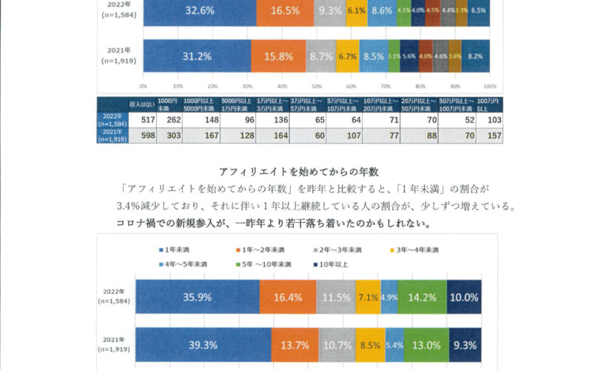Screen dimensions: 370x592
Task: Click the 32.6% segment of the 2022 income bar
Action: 199,11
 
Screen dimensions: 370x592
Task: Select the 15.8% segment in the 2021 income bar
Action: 278,55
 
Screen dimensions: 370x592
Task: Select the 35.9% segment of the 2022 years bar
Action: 197,297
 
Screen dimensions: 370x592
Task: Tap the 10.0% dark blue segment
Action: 464,297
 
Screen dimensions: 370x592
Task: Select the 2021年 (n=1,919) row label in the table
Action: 112,135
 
